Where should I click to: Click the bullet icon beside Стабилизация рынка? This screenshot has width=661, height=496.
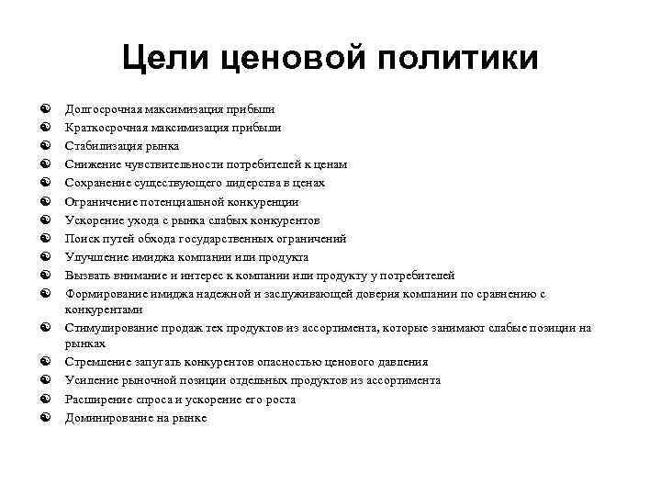pos(44,146)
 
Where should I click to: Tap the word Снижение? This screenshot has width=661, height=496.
pos(89,164)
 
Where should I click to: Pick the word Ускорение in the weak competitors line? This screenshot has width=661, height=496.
pos(92,220)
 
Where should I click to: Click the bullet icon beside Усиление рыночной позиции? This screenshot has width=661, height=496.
pos(44,380)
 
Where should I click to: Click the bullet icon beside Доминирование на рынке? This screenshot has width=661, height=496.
pos(44,418)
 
